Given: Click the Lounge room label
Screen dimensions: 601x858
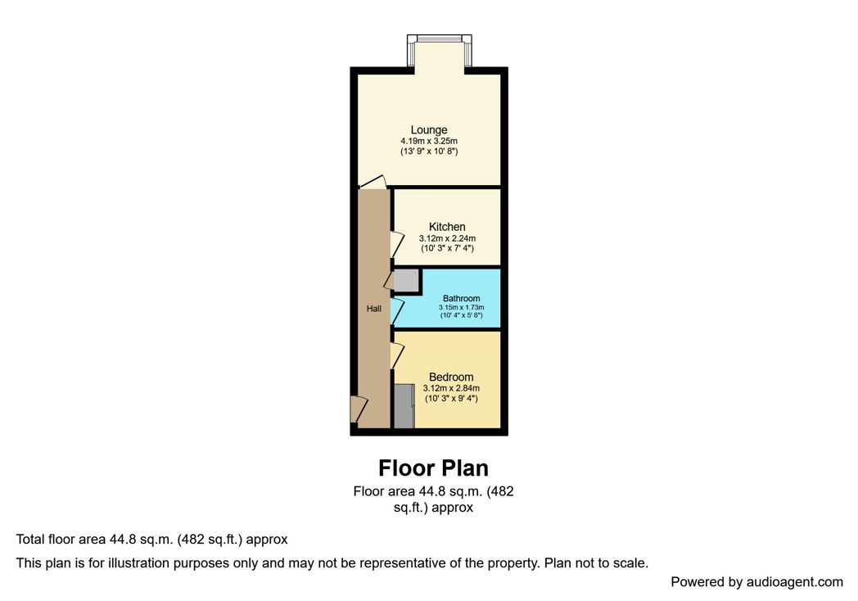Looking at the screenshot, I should (429, 129).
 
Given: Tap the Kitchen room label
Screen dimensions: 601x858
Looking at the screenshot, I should (447, 227).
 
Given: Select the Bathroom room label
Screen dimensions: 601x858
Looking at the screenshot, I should (461, 298).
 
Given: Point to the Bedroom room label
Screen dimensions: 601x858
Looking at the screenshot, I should (451, 377).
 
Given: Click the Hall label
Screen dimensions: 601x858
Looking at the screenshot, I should (373, 308).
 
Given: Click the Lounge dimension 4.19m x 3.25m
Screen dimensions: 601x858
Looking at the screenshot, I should (429, 141).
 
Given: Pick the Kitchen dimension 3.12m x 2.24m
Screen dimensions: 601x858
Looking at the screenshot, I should (447, 238).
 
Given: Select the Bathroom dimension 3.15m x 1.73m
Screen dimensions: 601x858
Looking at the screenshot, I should (461, 307).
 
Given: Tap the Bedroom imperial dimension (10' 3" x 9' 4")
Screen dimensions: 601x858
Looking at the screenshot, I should (451, 399).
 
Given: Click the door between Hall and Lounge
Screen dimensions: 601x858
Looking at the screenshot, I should (373, 183).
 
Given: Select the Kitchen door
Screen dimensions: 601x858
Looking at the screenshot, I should (396, 244).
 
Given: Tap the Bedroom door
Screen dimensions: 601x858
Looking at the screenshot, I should (396, 355).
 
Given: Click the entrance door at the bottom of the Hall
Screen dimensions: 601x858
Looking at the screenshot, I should (359, 409).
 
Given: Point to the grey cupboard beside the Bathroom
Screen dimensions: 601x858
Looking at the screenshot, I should (406, 281).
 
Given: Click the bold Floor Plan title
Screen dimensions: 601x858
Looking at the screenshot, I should (433, 468).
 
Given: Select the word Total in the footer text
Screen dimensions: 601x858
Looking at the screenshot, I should (30, 540).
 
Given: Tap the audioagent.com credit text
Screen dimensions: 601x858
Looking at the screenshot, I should (756, 582).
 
